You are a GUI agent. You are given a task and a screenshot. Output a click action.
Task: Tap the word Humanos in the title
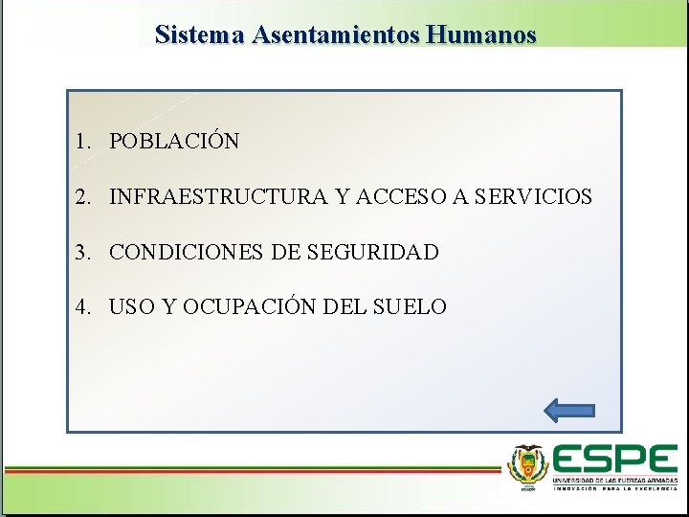[x=482, y=35]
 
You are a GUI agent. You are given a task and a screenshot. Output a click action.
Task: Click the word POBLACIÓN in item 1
[x=174, y=142]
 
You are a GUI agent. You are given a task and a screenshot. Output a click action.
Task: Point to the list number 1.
[x=83, y=142]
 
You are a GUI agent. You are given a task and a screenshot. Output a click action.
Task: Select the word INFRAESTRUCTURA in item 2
[x=218, y=197]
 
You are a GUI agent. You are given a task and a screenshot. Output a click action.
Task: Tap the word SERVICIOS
[x=533, y=197]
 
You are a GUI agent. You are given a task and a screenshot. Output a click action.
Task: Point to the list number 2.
[x=83, y=197]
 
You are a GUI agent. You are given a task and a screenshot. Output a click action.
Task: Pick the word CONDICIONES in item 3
[x=188, y=253]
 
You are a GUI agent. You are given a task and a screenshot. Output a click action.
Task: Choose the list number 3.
[x=83, y=253]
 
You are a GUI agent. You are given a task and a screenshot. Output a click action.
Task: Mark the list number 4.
[x=83, y=307]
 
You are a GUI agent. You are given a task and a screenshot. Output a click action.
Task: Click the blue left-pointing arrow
[x=569, y=411]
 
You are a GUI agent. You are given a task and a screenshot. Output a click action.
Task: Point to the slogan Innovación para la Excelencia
[x=614, y=487]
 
